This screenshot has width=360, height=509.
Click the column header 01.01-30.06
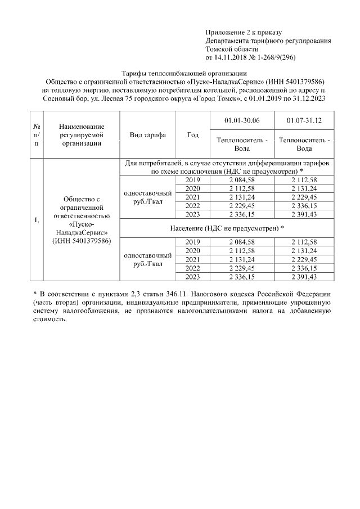click(x=241, y=120)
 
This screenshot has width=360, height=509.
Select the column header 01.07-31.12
click(x=304, y=120)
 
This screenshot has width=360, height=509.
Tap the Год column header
click(x=192, y=135)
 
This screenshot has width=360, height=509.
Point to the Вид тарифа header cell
click(x=148, y=135)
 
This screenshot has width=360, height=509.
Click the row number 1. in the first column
click(x=36, y=219)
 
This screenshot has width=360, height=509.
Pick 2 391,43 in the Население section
click(x=304, y=277)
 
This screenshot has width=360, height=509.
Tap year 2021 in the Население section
click(x=193, y=259)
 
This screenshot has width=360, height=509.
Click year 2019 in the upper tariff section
click(x=193, y=179)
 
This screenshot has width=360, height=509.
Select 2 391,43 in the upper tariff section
click(x=304, y=215)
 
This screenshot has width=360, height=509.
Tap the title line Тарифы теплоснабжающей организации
click(x=184, y=74)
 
